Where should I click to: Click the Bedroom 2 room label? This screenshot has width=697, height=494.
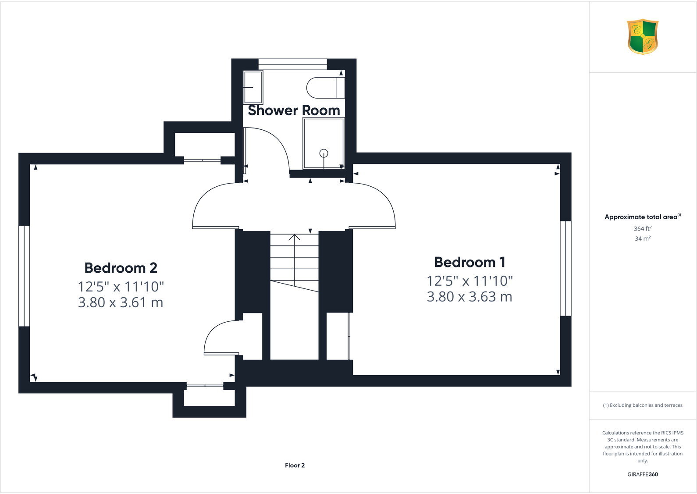coord(121,268)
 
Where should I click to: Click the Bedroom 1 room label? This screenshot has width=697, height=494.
coord(469,262)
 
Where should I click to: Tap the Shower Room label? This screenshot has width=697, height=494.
coord(294,110)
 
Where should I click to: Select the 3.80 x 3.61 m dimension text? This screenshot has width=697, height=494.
coord(121,302)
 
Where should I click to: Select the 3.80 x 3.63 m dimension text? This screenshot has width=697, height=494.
coord(469,297)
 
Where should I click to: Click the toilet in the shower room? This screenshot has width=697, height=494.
coord(325,88)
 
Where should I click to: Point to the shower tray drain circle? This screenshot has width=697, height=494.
coord(324,153)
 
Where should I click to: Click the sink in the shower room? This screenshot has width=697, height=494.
coord(253,87)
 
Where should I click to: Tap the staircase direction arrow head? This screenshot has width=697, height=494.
coord(294,237)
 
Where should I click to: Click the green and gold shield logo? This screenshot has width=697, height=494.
coord(643,36)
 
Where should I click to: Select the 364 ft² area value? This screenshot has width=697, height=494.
coord(642,228)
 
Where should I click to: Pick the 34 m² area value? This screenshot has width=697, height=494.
coord(642,238)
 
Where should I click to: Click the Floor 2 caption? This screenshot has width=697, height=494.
coord(295,466)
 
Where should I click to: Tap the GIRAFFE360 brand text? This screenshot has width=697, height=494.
coord(642,474)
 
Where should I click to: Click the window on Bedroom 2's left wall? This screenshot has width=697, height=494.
coord(24,276)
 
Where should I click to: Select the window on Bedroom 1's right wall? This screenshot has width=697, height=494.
coord(565,268)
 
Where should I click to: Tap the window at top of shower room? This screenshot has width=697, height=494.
coord(292,64)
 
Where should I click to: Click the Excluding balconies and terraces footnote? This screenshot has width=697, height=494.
coord(642,405)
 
